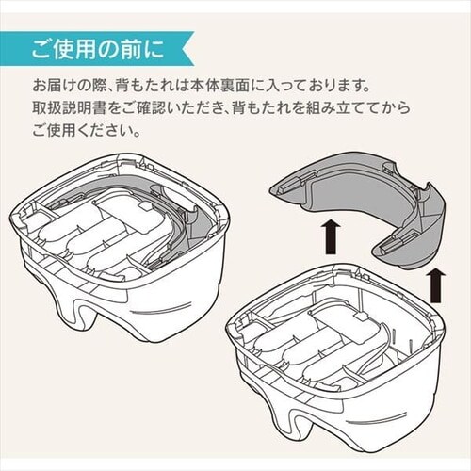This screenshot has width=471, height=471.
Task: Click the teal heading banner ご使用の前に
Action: [96, 48]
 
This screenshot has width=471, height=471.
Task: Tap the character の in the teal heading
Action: [107, 49]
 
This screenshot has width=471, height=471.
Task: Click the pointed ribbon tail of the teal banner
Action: [187, 48]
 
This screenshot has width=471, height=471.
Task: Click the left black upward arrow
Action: [332, 236]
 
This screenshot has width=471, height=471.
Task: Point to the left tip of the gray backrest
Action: [270, 188]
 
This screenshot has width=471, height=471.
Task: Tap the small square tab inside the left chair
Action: [145, 206]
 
